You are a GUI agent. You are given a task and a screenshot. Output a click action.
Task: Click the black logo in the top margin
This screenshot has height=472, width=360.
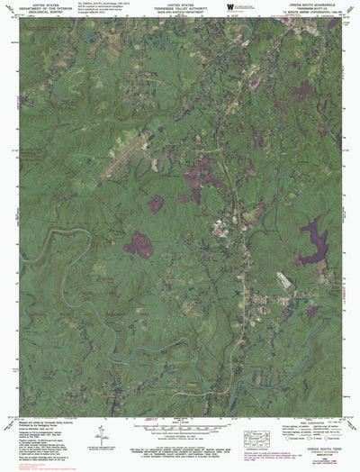tap(231, 7)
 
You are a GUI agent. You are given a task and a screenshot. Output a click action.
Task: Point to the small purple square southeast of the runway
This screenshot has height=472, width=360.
tap(157, 204)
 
